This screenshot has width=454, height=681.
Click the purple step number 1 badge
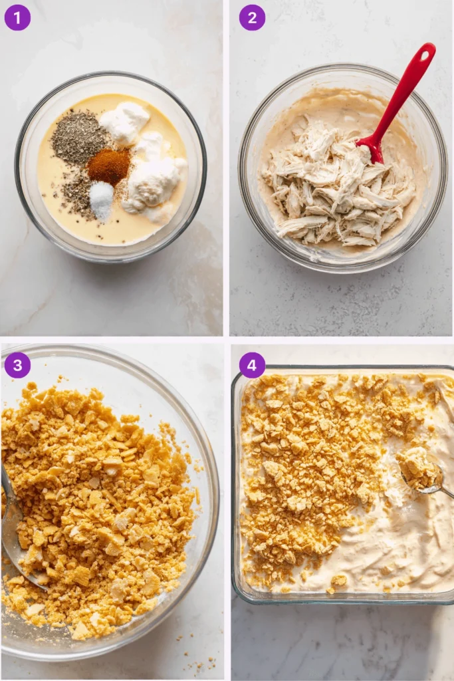tap(17, 17)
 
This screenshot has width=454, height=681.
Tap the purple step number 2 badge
tap(252, 17)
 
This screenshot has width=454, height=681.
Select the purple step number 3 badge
tap(17, 365)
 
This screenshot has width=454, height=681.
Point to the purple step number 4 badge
tap(252, 365)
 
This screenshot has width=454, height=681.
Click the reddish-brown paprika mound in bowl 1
tap(108, 166)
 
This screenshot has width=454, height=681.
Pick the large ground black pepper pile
tap(78, 136)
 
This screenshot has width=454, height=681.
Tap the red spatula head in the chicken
tap(372, 148)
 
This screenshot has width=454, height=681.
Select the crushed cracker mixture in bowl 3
tap(100, 505)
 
